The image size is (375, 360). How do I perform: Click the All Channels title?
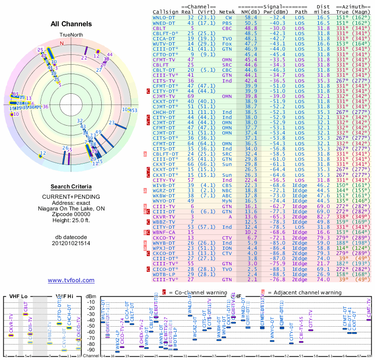pyautogui.click(x=71, y=24)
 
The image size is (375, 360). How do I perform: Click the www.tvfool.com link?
pyautogui.click(x=71, y=280)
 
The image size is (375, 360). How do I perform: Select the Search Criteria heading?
pyautogui.click(x=71, y=187)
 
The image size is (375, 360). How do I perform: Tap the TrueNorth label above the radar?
pyautogui.click(x=71, y=35)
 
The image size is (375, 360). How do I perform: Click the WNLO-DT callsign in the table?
pyautogui.click(x=165, y=17)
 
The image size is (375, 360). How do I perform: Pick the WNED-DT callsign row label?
pyautogui.click(x=165, y=22)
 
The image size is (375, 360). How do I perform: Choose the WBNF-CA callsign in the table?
pyautogui.click(x=165, y=232)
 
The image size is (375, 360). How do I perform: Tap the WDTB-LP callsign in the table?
pyautogui.click(x=165, y=274)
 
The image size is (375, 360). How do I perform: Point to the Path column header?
pyautogui.click(x=301, y=12)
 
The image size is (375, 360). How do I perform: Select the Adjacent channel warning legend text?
pyautogui.click(x=304, y=292)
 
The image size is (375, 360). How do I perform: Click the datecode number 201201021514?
pyautogui.click(x=71, y=243)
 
